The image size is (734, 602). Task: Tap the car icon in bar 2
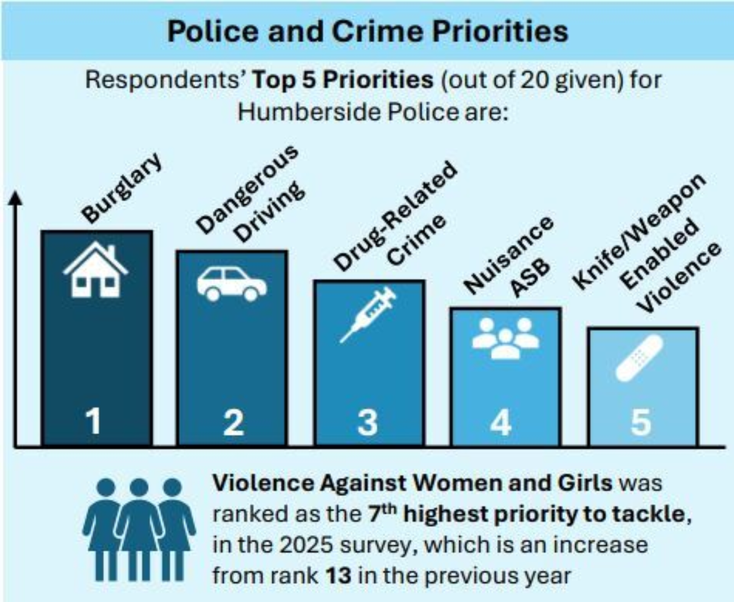tap(232, 284)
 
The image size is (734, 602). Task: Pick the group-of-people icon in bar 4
tap(505, 338)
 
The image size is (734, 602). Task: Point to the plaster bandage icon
tap(639, 358)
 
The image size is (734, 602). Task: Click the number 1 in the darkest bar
tap(93, 421)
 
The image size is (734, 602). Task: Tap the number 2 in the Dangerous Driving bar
tap(233, 422)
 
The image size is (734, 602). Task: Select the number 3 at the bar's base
tap(368, 422)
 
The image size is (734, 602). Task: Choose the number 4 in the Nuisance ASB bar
tap(501, 422)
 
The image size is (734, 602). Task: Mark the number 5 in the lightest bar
tap(641, 422)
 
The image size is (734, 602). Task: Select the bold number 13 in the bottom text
tap(338, 576)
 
